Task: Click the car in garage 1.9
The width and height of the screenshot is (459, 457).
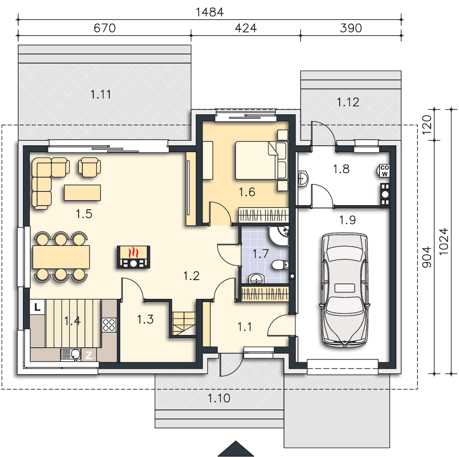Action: point(345,290)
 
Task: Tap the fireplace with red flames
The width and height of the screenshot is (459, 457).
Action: point(133,257)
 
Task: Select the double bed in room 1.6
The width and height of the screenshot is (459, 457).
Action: point(261,160)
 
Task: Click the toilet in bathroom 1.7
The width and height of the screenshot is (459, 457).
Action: point(280,265)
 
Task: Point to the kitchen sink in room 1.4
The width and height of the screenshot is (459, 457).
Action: point(71,355)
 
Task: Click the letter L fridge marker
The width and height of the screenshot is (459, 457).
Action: point(37,307)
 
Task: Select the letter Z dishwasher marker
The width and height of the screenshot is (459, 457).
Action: point(89,355)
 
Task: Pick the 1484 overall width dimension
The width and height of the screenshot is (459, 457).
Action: point(209,12)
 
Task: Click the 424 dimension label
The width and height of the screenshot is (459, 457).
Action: point(246,28)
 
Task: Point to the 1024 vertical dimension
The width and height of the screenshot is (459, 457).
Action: point(444,241)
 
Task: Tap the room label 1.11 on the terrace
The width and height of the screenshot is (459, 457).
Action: point(101,95)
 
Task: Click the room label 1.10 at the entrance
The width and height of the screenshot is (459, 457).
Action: point(219,398)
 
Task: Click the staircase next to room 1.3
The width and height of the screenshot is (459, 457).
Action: point(184,324)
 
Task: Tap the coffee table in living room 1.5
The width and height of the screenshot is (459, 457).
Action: point(82,192)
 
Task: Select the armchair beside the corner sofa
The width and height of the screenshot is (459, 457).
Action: point(89,167)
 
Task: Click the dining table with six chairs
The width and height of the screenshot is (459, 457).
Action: point(61,257)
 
